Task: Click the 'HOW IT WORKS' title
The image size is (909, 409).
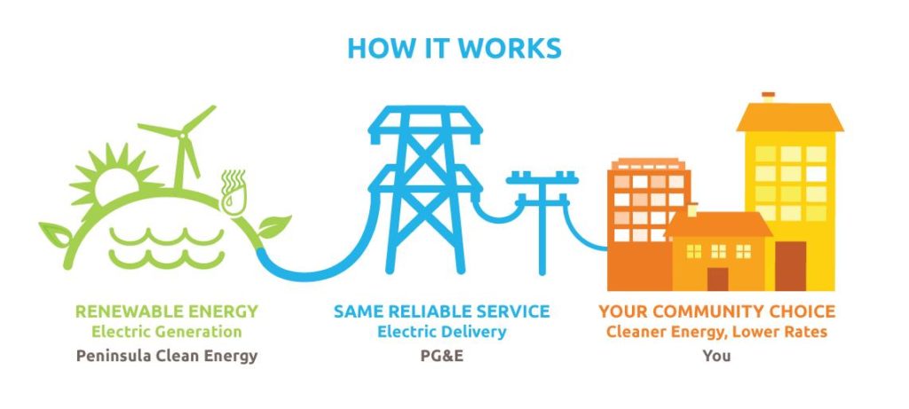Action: [454, 48]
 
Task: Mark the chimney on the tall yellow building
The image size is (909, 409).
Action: [769, 98]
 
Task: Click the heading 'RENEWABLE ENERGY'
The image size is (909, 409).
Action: [167, 312]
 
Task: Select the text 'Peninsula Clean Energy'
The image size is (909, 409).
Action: [167, 356]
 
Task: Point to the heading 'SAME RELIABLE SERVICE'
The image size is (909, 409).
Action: [441, 312]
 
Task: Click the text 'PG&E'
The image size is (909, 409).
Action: [441, 356]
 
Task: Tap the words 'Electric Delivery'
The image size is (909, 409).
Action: [441, 333]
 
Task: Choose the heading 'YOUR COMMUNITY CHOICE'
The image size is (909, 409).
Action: [716, 312]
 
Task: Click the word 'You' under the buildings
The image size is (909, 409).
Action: [715, 356]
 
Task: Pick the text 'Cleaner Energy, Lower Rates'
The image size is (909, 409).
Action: [716, 333]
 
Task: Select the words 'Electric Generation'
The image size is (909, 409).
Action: [167, 333]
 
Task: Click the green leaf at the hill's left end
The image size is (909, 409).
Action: [55, 236]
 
